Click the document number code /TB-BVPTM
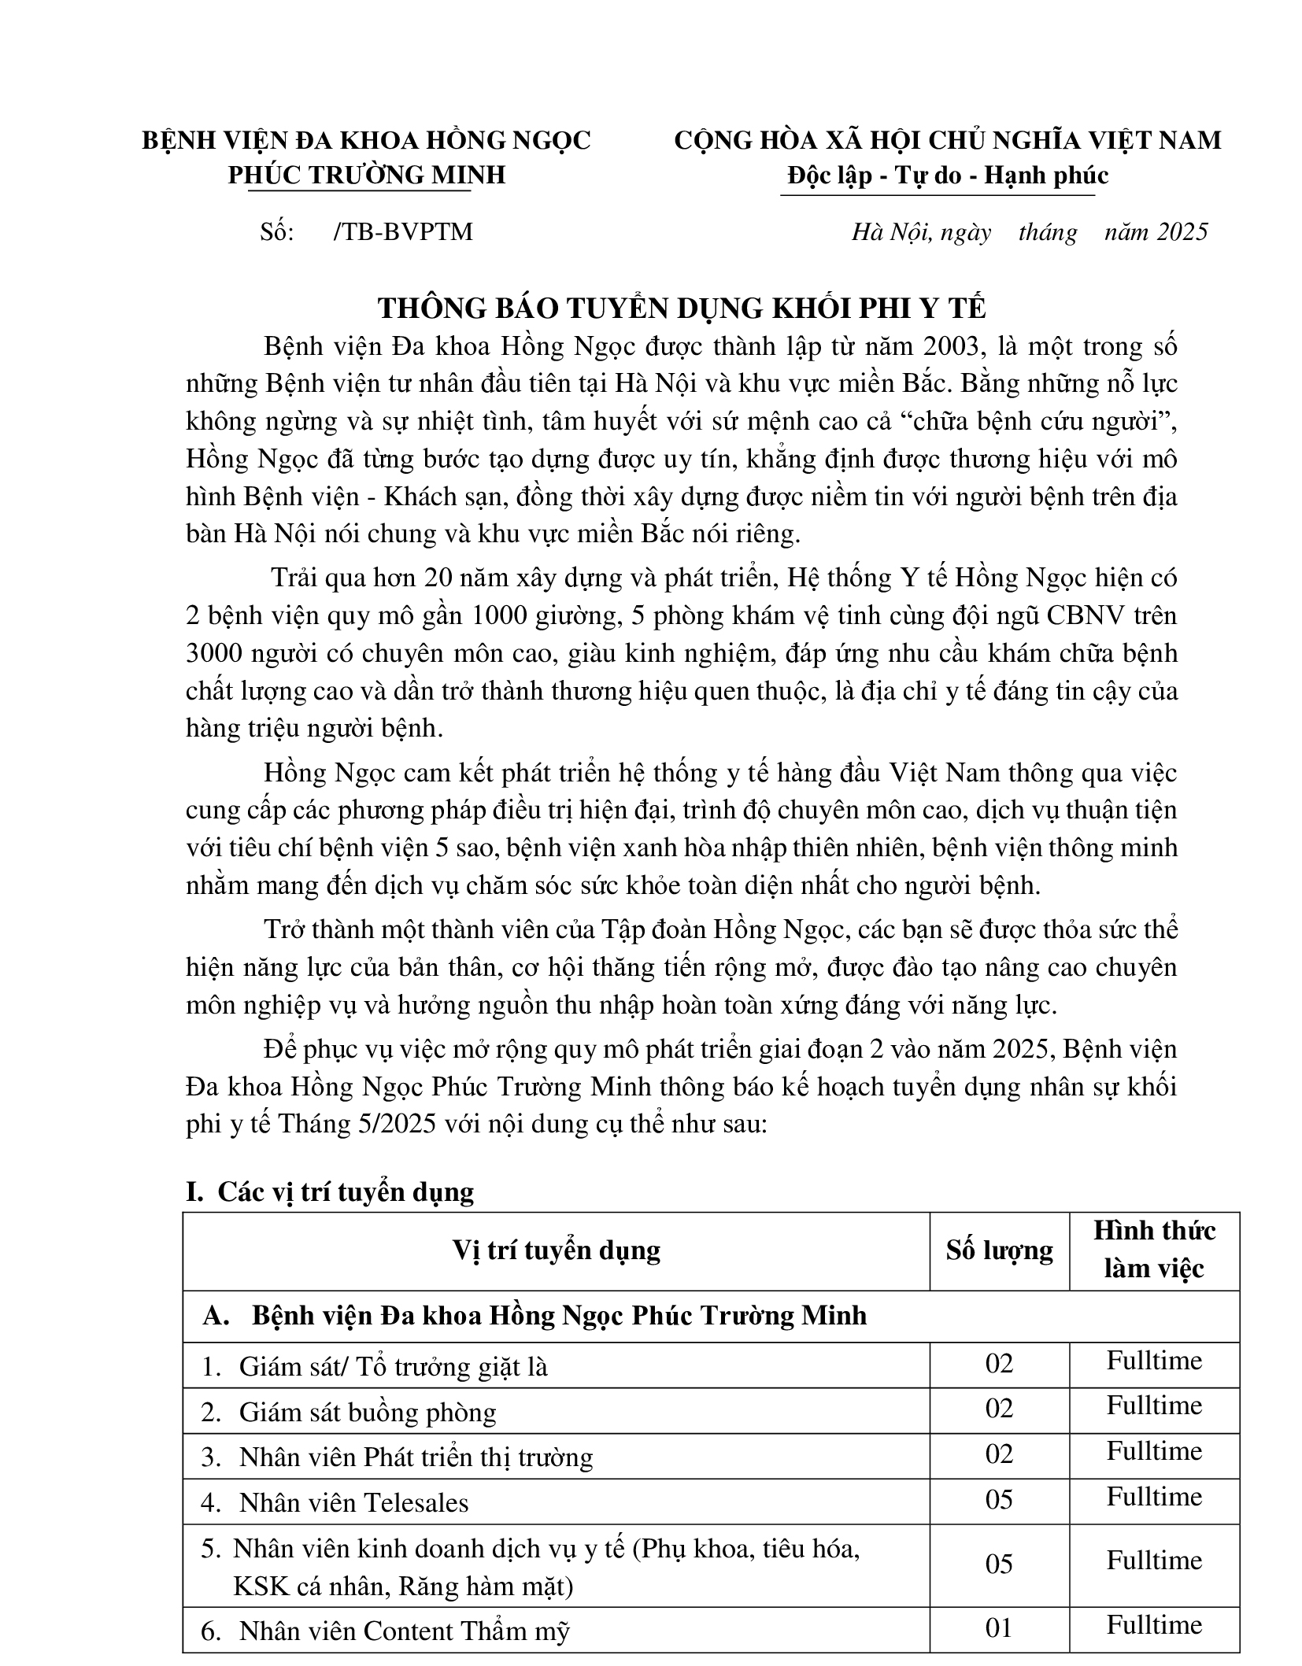point(403,232)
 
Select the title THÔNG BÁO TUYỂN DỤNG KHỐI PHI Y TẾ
point(681,308)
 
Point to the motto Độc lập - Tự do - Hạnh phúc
point(948,175)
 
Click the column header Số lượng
point(999,1250)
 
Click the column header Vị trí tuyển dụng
point(556,1250)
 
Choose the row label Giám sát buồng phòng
point(368,1412)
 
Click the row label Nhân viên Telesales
point(353,1502)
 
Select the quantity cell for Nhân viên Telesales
point(999,1499)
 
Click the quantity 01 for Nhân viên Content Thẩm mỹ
point(999,1627)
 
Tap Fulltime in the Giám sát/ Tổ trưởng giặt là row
point(1154,1361)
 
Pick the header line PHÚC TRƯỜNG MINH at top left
point(366,175)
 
